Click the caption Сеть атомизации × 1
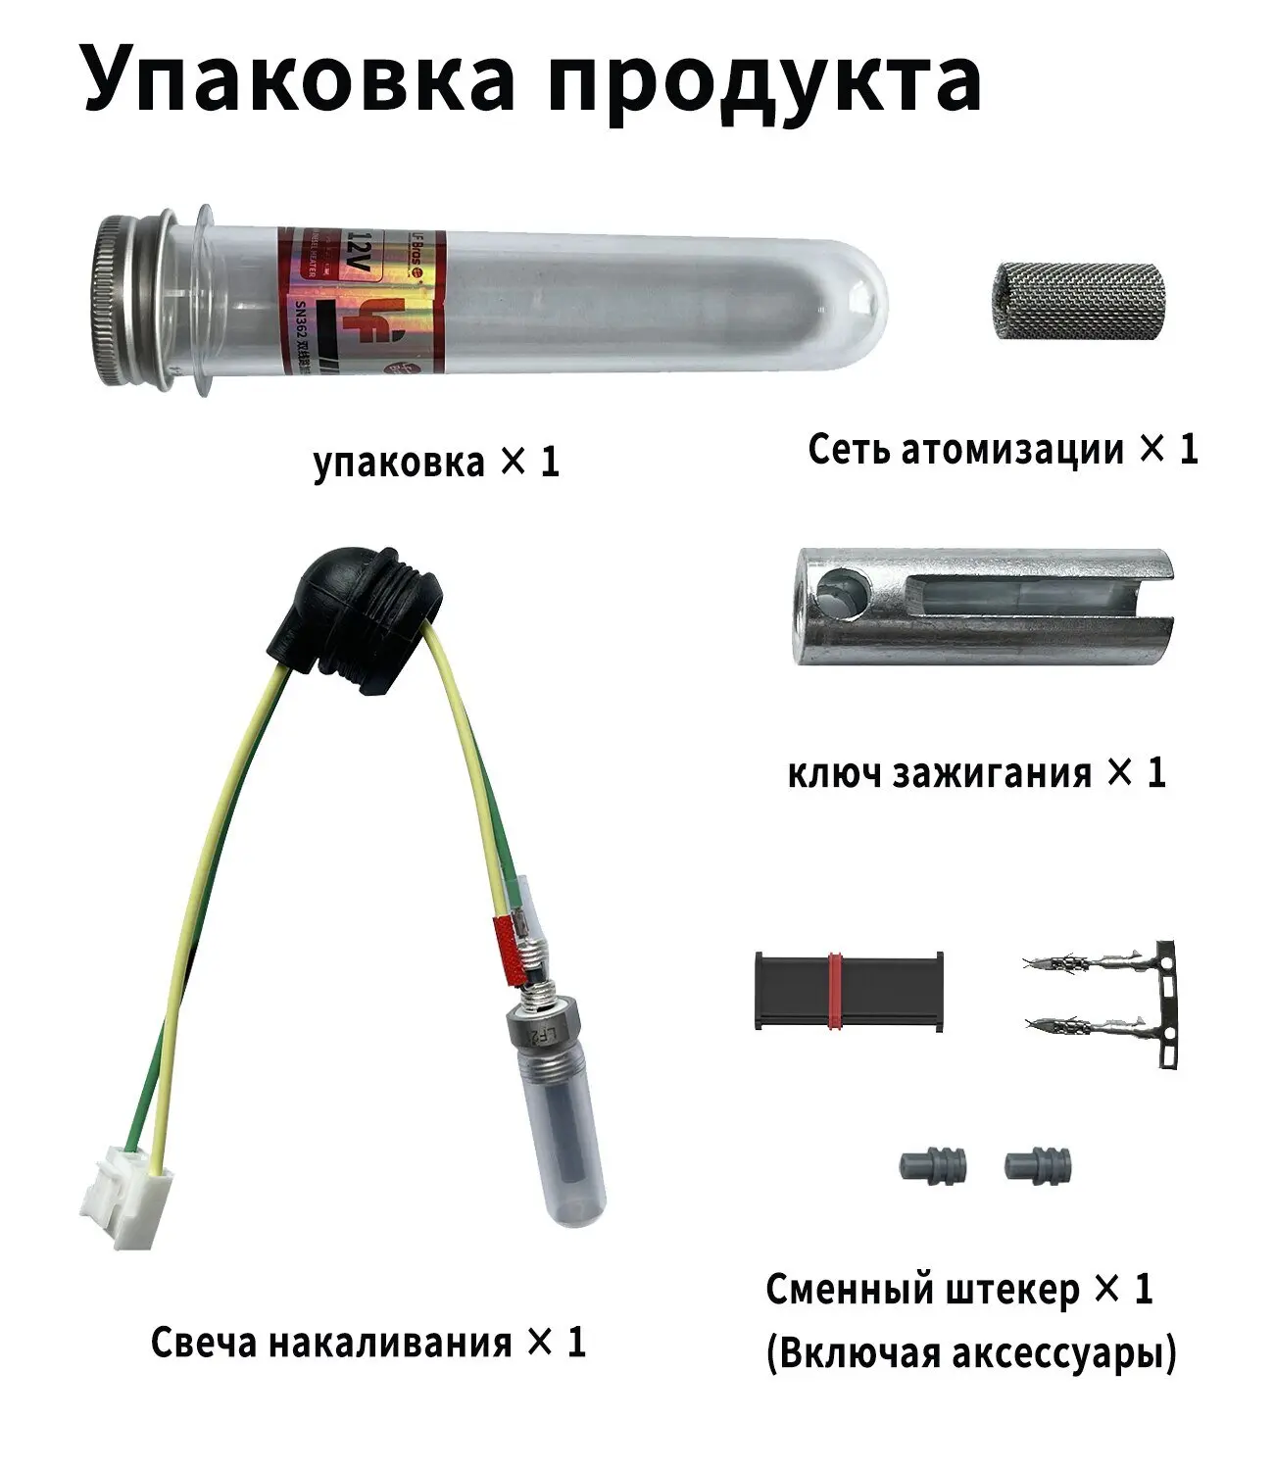tap(1003, 449)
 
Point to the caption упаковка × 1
tap(436, 462)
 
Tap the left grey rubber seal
tap(932, 1165)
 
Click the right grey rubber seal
tap(1038, 1165)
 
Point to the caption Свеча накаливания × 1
tap(367, 1342)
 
